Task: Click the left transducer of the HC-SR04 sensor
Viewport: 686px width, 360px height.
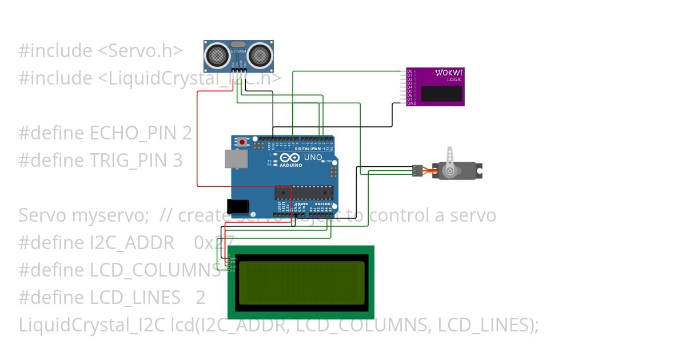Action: [x=217, y=55]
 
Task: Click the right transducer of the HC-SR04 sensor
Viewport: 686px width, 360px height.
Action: [x=260, y=55]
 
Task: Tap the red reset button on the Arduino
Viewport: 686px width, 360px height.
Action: [x=242, y=142]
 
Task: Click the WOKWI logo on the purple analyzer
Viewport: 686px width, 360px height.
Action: [x=449, y=73]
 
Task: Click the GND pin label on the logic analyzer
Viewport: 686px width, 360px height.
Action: [x=412, y=103]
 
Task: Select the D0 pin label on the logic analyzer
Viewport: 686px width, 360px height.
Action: [x=409, y=71]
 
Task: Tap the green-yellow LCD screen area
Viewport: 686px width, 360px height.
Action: [x=301, y=282]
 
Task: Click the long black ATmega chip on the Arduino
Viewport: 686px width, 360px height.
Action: [x=303, y=194]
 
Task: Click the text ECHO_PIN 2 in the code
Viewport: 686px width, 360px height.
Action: [x=141, y=133]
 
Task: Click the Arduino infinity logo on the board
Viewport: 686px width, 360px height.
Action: [x=289, y=158]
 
